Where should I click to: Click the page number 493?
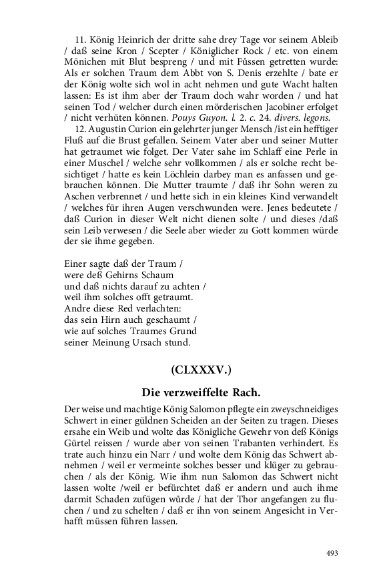click(332, 552)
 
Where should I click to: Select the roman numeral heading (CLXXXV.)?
click(201, 370)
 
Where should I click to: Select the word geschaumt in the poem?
click(168, 320)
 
